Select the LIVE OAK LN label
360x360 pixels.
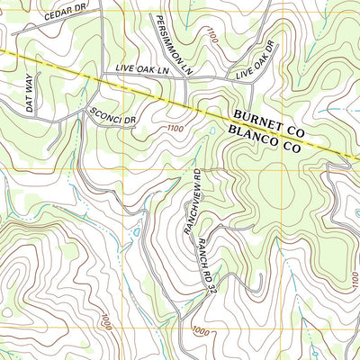coord(142,69)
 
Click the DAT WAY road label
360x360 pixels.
coord(30,94)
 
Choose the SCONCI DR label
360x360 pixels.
coord(112,114)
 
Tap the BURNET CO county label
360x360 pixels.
coord(269,124)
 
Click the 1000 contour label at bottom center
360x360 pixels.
coord(202,331)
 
